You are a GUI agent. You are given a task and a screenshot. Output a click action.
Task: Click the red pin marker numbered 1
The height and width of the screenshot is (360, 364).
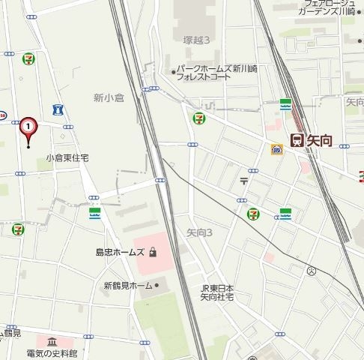(28, 129)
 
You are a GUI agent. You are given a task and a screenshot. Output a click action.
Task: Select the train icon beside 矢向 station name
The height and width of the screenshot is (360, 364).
(296, 139)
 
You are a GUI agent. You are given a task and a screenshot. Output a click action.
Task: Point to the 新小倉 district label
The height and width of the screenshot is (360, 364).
(109, 97)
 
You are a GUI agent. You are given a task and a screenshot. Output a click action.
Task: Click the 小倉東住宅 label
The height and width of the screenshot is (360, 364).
(67, 158)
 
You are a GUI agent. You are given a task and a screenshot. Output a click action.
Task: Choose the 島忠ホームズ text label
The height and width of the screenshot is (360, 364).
(120, 252)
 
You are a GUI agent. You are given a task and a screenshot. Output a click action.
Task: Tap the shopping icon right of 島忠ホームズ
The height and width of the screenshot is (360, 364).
(154, 253)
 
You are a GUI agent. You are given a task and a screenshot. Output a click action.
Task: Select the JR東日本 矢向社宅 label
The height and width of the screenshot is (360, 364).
(216, 293)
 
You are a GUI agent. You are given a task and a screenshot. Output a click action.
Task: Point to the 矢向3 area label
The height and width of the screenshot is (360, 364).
(199, 232)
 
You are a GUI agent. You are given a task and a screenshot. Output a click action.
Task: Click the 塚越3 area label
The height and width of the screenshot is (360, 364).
(196, 39)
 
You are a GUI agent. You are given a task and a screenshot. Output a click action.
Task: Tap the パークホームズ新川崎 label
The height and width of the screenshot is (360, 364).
(216, 69)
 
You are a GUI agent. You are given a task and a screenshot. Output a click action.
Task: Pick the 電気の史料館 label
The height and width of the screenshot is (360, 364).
(52, 352)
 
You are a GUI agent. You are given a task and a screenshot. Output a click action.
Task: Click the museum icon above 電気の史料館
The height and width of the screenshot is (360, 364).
(52, 341)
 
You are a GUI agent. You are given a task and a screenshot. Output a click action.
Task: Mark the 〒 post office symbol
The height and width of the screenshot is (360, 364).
(243, 180)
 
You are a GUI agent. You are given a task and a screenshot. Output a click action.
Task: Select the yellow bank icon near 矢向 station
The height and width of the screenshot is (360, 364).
(276, 149)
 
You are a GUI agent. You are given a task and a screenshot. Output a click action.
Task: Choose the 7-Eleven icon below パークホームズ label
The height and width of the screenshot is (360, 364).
(199, 116)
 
